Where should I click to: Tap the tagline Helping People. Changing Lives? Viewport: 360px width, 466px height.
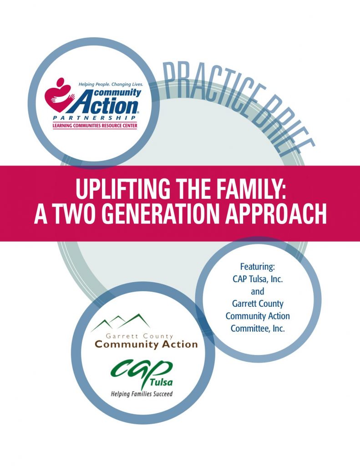tap(111, 85)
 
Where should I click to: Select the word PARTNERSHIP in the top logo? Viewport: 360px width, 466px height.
tap(95, 119)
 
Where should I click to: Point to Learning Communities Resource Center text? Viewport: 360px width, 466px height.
tap(95, 126)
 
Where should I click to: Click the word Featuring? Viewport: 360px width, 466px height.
tap(258, 267)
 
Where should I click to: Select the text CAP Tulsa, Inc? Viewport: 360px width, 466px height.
tap(258, 279)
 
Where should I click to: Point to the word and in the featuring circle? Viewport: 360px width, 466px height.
tap(258, 292)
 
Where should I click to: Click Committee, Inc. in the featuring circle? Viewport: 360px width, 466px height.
tap(258, 329)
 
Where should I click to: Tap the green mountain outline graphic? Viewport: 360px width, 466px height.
tap(121, 323)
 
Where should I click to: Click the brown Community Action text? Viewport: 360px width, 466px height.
tap(146, 344)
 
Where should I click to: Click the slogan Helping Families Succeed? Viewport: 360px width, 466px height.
tap(142, 394)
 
